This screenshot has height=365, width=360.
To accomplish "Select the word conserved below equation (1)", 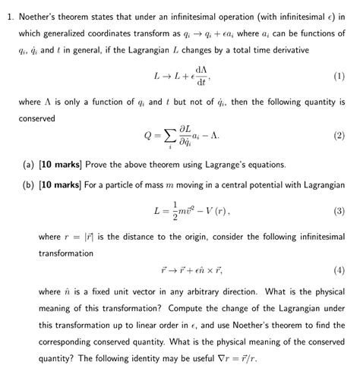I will click(x=35, y=118).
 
